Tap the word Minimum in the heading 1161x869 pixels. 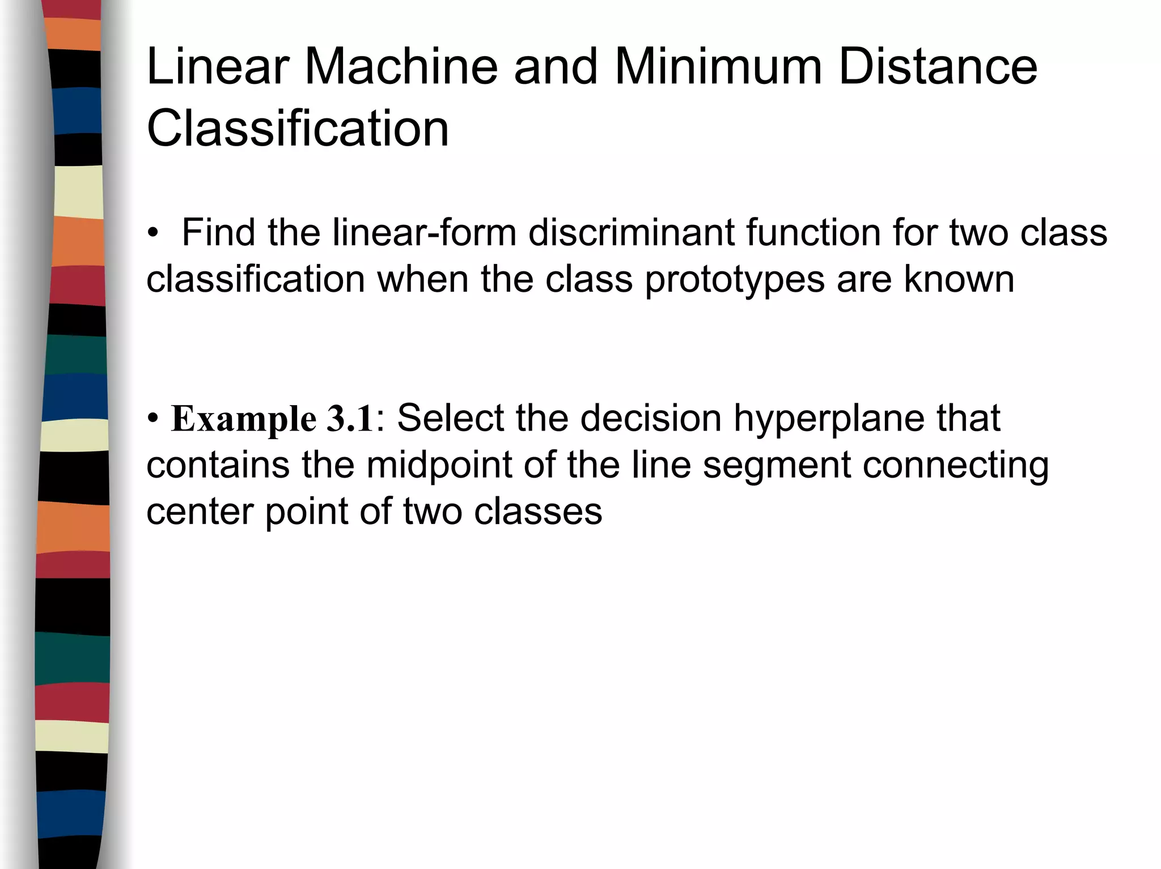718,67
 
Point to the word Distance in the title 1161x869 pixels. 938,67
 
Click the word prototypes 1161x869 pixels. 735,279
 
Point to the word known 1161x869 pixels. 959,279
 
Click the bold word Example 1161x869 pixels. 244,419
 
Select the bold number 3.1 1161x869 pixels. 350,419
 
